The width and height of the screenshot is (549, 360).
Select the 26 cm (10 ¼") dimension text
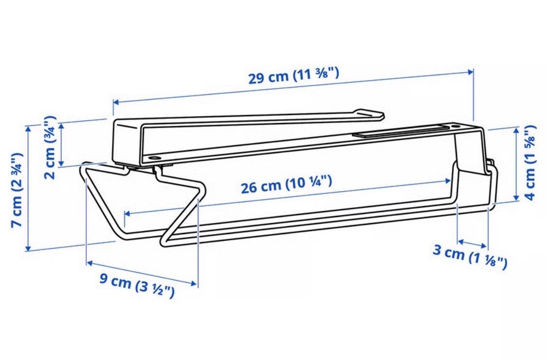[x=286, y=185]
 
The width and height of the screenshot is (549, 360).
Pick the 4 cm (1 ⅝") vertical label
[x=530, y=163]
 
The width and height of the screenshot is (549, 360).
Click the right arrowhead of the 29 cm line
[x=471, y=72]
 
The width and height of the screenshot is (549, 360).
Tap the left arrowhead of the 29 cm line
[x=116, y=102]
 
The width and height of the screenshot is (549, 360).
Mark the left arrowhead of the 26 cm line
[x=128, y=213]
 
